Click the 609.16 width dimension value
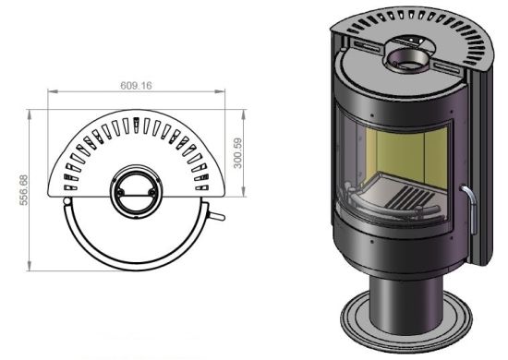point(136,86)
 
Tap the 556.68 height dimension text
point(24,190)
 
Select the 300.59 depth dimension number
point(237,153)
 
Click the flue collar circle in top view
point(136,192)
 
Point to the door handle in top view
point(217,216)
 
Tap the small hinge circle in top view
point(67,201)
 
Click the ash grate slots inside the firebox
point(409,198)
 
